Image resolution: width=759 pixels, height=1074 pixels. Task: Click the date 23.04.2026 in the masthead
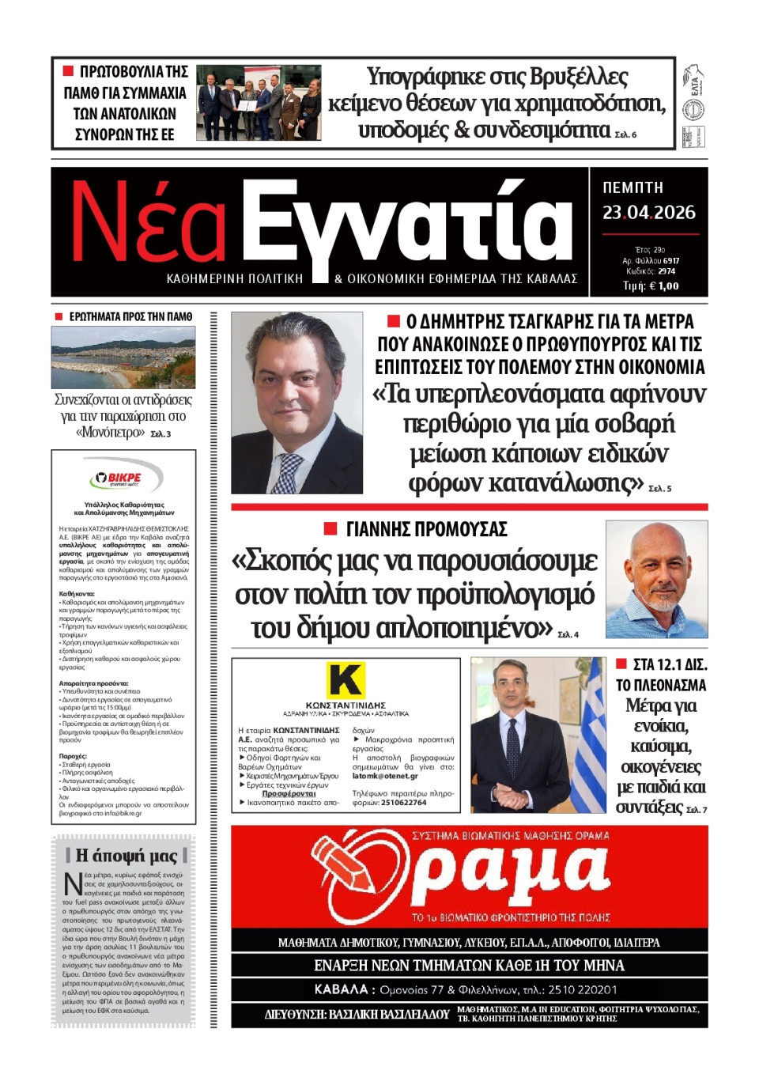click(x=648, y=213)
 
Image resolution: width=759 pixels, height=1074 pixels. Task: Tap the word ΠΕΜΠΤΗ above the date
click(x=632, y=188)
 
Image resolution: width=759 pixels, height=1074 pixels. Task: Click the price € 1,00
click(x=662, y=286)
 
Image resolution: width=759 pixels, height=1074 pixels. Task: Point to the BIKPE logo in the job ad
click(x=124, y=478)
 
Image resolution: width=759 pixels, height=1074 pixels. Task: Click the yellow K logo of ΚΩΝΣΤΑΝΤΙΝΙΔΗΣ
click(x=346, y=680)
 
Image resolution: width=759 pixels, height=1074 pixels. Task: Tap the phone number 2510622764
click(x=403, y=803)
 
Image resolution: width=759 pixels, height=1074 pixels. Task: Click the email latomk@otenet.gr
click(x=384, y=776)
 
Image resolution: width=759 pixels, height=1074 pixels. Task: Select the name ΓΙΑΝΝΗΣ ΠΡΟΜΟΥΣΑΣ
click(x=426, y=529)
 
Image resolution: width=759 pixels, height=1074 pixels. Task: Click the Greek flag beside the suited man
click(x=587, y=736)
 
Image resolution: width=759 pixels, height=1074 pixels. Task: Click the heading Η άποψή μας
click(x=126, y=856)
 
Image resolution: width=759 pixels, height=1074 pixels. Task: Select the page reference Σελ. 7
click(x=697, y=810)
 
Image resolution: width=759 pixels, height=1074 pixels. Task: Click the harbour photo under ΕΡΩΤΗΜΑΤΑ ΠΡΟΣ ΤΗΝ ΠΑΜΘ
click(x=123, y=357)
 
